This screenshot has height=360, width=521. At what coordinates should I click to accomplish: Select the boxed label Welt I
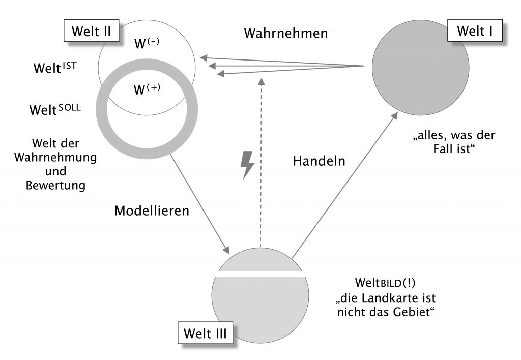tap(475, 32)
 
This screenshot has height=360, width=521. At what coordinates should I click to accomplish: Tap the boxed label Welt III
tap(205, 334)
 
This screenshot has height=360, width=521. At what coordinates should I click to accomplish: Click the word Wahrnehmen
tap(285, 34)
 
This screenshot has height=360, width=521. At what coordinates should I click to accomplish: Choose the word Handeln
tap(319, 161)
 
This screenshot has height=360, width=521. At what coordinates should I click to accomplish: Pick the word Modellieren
tap(152, 211)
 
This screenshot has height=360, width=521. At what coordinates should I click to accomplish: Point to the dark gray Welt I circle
tap(420, 72)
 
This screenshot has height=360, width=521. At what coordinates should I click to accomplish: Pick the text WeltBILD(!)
tap(383, 282)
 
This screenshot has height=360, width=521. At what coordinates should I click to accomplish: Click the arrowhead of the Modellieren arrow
tap(225, 250)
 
